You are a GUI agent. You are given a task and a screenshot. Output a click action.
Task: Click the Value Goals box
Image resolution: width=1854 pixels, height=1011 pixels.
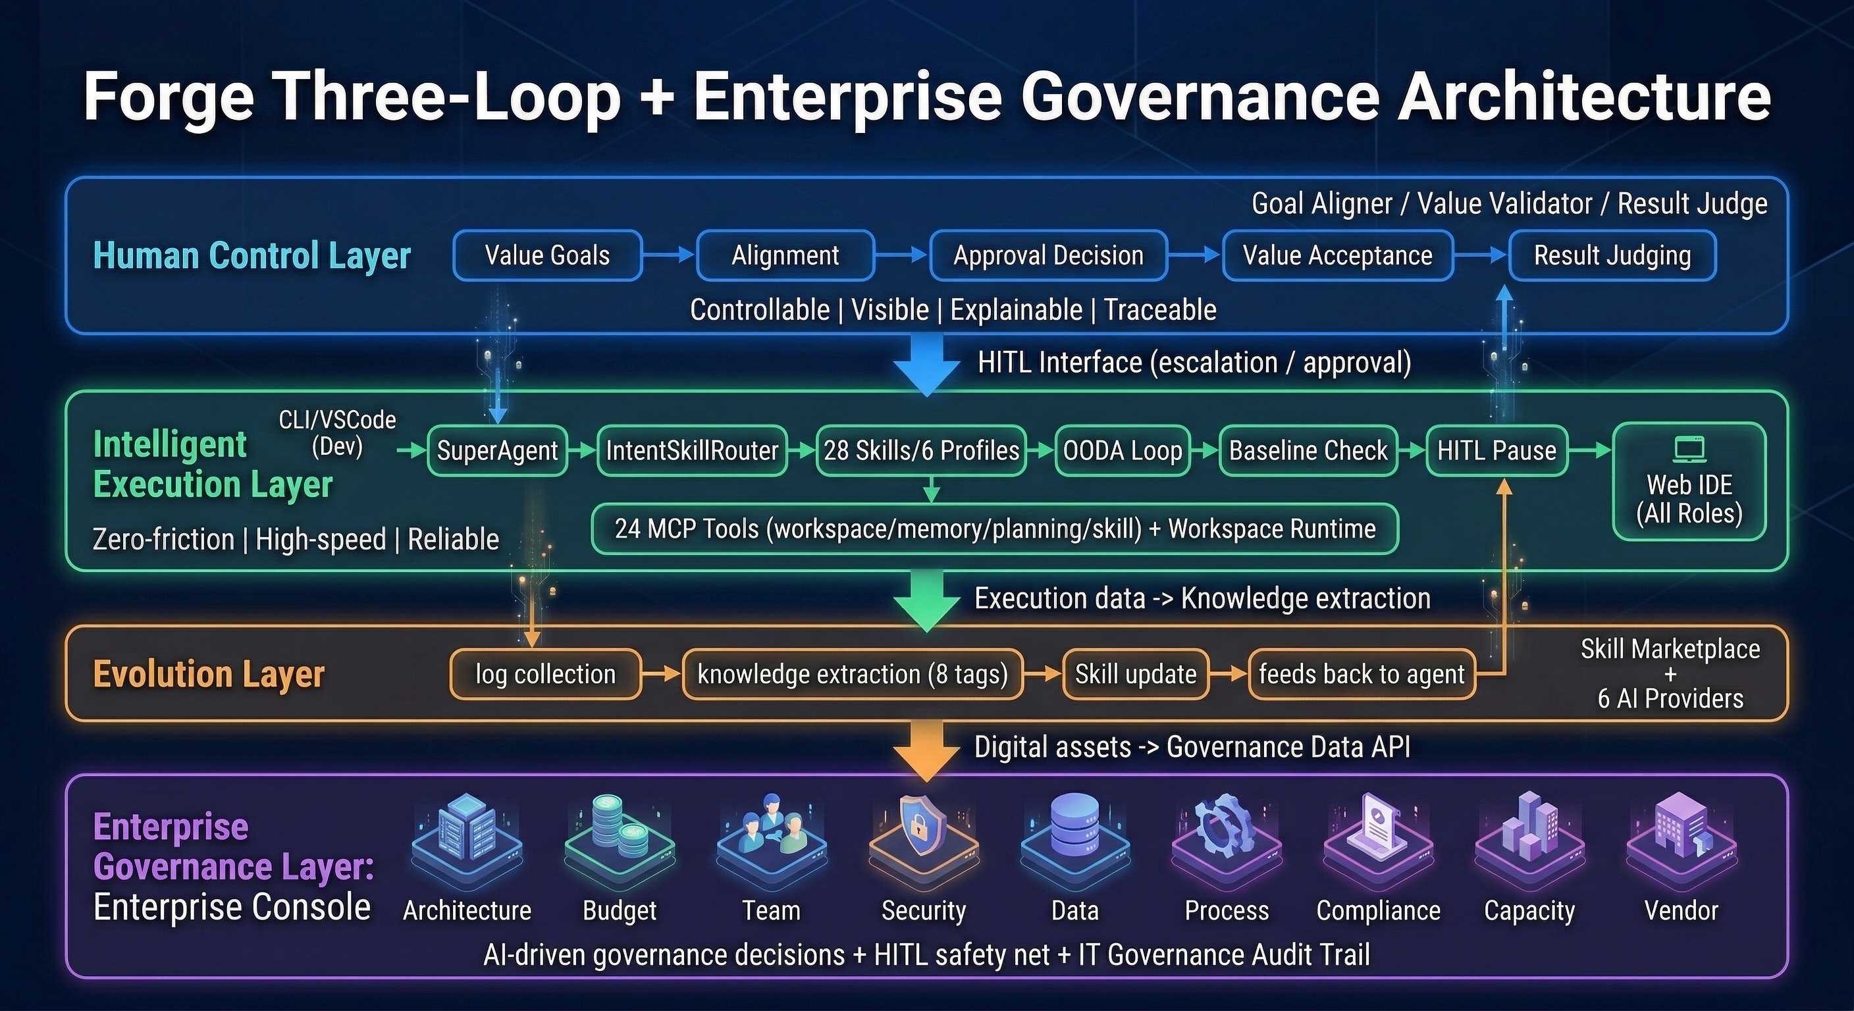pos(547,255)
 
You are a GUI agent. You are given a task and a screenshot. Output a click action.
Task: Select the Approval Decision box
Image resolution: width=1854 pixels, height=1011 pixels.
pos(1048,255)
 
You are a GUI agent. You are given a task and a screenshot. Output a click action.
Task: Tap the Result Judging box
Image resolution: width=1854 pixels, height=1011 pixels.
pos(1612,255)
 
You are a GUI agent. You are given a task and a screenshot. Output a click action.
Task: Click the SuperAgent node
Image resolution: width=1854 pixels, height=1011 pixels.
pos(497,450)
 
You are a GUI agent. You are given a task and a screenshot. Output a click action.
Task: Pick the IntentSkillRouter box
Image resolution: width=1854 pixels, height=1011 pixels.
pos(692,450)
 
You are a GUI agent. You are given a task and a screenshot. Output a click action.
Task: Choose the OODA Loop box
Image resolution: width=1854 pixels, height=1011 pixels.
pos(1122,450)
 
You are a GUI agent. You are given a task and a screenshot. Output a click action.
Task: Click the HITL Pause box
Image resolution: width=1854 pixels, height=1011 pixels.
pos(1496,450)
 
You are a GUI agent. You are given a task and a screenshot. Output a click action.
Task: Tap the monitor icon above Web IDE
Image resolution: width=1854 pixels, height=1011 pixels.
pos(1689,450)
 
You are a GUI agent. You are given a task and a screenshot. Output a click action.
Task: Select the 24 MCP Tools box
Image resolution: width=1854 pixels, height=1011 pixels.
pos(995,529)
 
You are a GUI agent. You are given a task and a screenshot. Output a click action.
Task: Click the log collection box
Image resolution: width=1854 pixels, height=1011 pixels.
pos(546,674)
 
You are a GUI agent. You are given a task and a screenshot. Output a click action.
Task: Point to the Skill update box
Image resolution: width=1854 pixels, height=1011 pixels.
pos(1135,674)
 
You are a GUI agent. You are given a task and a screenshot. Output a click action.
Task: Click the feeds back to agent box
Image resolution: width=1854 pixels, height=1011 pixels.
pos(1361,674)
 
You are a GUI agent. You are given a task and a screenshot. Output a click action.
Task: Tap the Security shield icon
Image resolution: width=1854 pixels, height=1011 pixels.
pos(924,827)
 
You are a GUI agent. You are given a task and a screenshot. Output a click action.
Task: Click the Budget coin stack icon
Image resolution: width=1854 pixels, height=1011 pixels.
pos(619,827)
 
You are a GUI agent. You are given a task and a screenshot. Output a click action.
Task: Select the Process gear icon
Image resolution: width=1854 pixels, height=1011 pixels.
pos(1226,827)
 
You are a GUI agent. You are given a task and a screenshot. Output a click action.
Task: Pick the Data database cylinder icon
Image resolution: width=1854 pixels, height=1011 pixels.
pos(1074,827)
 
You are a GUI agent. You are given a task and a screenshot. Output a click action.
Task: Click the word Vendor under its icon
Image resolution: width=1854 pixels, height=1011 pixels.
pos(1681,911)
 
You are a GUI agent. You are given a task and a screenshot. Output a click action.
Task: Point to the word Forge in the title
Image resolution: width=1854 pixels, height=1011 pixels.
pos(169,97)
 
